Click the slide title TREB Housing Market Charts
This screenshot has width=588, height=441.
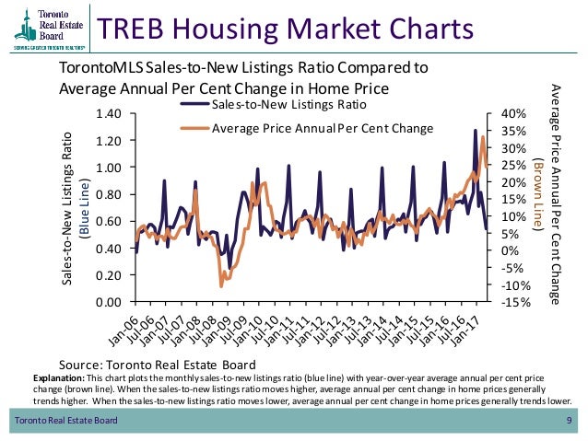pyautogui.click(x=286, y=29)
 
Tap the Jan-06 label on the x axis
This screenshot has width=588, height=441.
pyautogui.click(x=126, y=324)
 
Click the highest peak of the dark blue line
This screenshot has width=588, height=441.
pyautogui.click(x=476, y=130)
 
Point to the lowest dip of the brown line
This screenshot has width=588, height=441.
pyautogui.click(x=221, y=286)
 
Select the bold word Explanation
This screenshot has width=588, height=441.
pyautogui.click(x=58, y=378)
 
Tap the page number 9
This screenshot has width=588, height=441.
pyautogui.click(x=569, y=422)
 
